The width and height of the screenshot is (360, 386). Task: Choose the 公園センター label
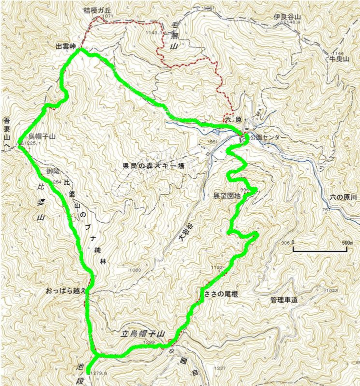pyautogui.click(x=268, y=136)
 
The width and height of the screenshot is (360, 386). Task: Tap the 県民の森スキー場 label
pyautogui.click(x=151, y=166)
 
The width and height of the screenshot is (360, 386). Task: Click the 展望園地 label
pyautogui.click(x=227, y=196)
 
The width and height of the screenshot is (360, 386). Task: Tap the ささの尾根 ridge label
pyautogui.click(x=220, y=294)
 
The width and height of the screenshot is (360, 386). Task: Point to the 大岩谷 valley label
pyautogui.click(x=186, y=233)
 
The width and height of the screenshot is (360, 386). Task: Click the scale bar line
pyautogui.click(x=320, y=249)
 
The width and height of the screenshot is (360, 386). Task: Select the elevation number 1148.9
pyautogui.click(x=291, y=22)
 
